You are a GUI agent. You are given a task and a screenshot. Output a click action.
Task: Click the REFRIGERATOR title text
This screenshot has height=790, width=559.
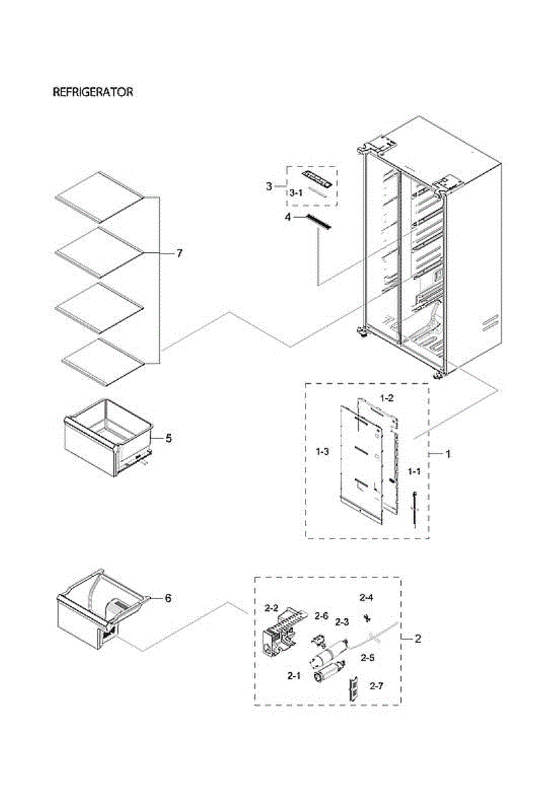[x=93, y=92]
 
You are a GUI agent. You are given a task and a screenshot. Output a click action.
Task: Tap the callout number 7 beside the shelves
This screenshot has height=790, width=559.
[x=179, y=253]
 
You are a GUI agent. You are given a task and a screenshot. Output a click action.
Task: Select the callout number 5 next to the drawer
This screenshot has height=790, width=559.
[x=169, y=438]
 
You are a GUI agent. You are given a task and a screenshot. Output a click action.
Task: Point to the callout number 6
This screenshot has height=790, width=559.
[x=168, y=598]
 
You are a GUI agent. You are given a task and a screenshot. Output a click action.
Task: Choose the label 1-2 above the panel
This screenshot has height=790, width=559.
[x=387, y=398]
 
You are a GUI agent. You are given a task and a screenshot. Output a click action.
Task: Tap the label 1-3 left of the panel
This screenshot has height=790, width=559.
[x=323, y=451]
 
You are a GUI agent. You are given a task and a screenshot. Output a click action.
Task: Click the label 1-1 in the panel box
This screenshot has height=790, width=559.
[x=414, y=471]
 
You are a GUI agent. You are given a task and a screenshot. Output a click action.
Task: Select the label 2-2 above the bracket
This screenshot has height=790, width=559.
[x=271, y=607]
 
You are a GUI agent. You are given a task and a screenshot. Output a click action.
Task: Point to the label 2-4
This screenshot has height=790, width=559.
[x=366, y=598]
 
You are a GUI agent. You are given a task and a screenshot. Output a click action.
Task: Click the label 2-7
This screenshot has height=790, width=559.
[x=376, y=686]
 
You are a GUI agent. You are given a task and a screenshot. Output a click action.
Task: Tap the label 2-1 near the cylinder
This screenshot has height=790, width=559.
[x=294, y=675]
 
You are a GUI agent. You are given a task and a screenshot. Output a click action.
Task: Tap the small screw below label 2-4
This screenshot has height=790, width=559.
[x=366, y=617]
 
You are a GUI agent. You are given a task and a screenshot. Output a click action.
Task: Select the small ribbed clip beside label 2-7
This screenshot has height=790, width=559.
[x=355, y=689]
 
